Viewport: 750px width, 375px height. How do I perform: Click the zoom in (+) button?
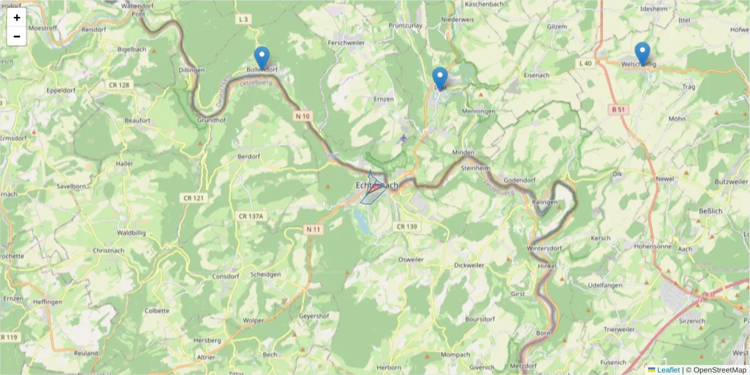[17, 17]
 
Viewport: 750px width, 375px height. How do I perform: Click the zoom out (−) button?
[17, 36]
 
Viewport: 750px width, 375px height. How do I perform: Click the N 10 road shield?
[302, 116]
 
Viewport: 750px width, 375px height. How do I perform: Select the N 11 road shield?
[313, 229]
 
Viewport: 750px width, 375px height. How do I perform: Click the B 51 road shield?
[618, 109]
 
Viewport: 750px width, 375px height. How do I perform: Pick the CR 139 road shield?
[406, 226]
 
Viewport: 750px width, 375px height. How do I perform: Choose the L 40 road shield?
[585, 63]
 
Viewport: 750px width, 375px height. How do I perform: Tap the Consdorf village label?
[226, 276]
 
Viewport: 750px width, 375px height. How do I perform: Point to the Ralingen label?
[544, 202]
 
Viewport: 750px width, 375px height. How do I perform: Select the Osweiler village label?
[411, 259]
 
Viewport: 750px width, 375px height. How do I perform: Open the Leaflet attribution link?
[667, 370]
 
